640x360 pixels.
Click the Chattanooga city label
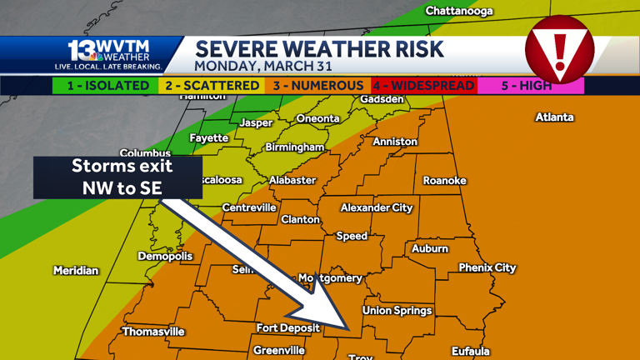[459, 11]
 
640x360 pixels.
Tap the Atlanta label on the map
[554, 117]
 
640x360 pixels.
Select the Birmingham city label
[294, 147]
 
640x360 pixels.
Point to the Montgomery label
[331, 278]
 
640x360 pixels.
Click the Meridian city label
[76, 271]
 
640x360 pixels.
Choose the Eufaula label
[470, 352]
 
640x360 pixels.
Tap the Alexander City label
[377, 207]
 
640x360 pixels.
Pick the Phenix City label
[487, 268]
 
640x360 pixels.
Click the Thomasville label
[153, 332]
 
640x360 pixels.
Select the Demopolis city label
[165, 256]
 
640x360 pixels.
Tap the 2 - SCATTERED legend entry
[212, 86]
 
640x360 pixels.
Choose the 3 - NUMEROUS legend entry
[317, 86]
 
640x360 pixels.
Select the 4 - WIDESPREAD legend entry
[423, 86]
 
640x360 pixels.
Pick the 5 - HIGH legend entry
[530, 86]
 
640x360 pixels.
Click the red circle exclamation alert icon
[560, 49]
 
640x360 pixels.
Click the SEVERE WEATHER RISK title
[319, 47]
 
